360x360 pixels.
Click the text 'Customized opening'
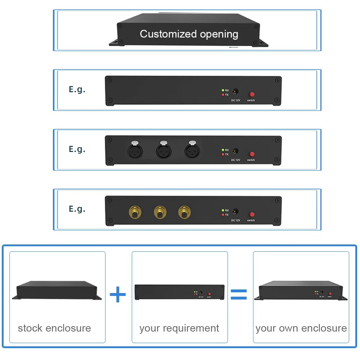(x=189, y=34)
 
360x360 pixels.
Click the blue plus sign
(x=118, y=295)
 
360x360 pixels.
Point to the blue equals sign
(x=239, y=294)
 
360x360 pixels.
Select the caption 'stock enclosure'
(x=54, y=328)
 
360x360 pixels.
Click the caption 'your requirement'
(x=179, y=328)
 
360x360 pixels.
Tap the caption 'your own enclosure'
(x=301, y=328)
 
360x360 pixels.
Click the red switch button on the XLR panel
(x=251, y=154)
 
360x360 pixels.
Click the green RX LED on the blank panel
(x=223, y=90)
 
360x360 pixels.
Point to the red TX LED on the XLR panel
(x=223, y=154)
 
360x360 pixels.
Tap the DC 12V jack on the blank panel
(x=236, y=92)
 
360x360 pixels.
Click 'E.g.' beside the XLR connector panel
(x=77, y=149)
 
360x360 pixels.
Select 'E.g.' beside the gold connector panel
(x=77, y=209)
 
